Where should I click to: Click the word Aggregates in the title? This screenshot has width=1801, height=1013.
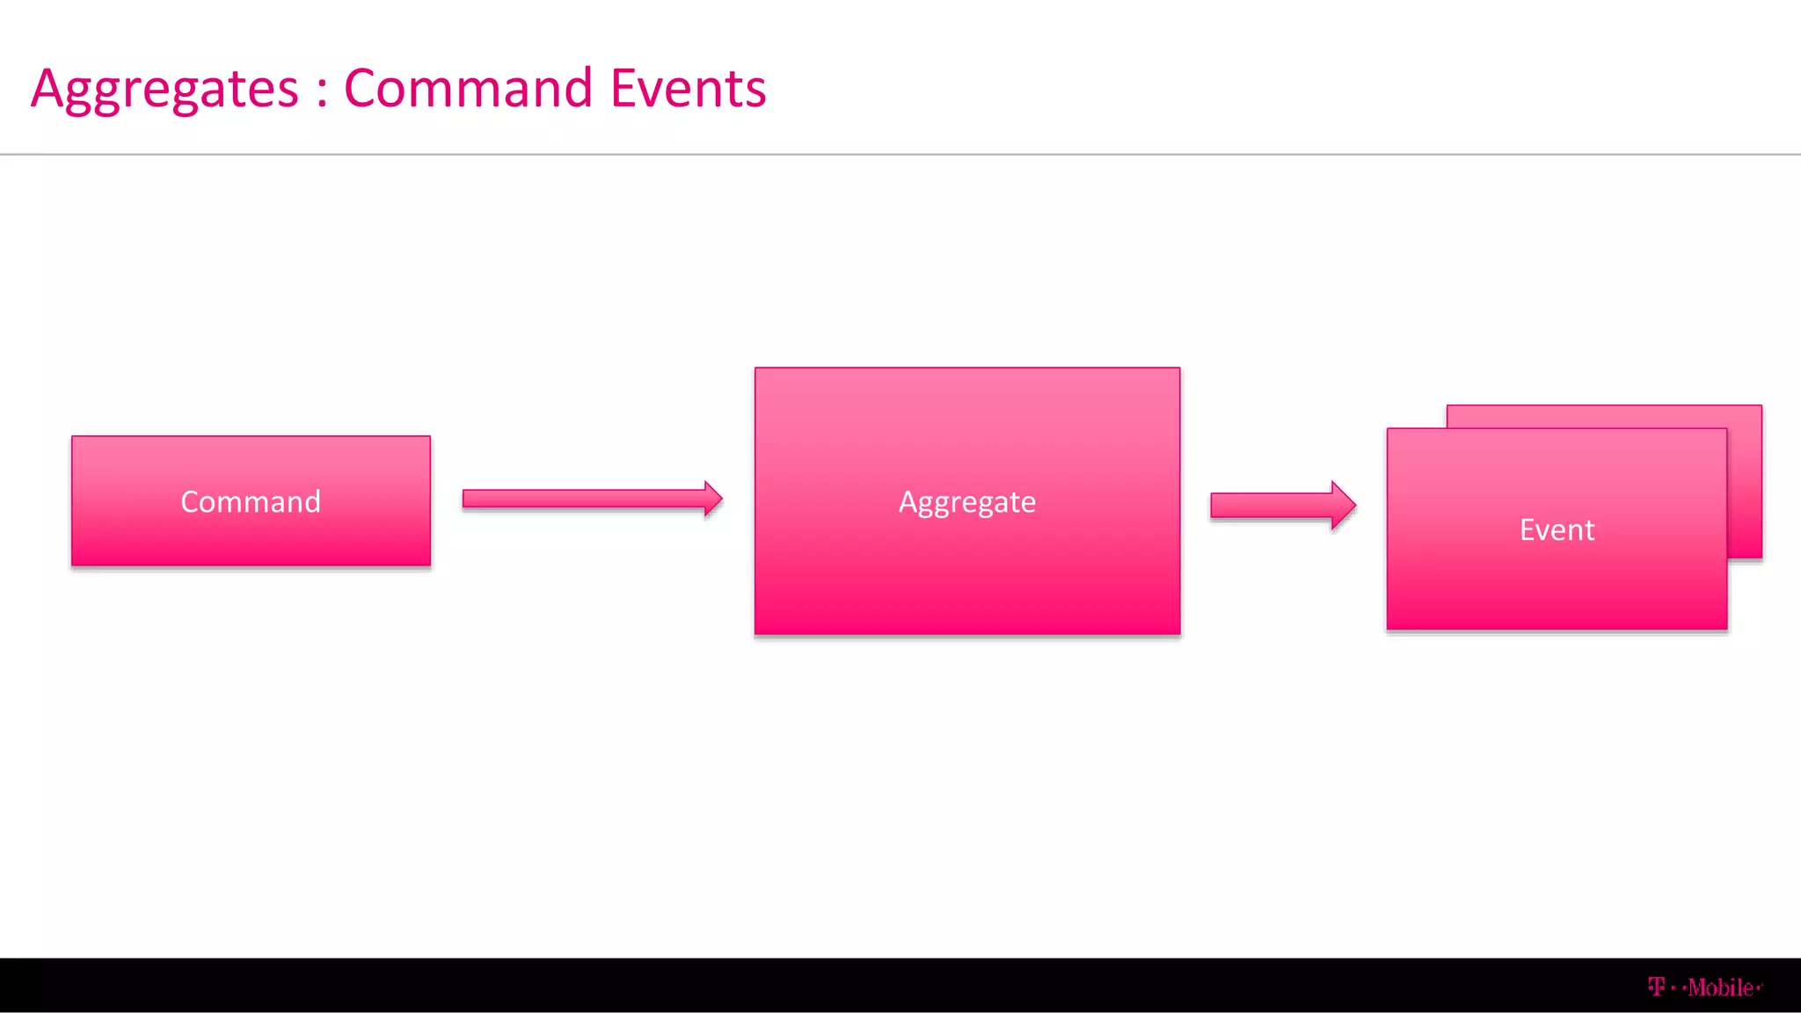(165, 89)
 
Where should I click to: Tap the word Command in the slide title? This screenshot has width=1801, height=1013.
(468, 89)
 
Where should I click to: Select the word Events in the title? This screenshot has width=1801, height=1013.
(688, 89)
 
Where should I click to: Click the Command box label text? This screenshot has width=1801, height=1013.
(251, 501)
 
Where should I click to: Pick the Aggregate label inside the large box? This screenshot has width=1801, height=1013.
(966, 501)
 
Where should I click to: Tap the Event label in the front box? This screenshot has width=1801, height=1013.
(1557, 529)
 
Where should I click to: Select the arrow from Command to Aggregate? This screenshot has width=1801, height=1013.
(589, 499)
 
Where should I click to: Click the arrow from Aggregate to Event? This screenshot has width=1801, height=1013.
(1280, 506)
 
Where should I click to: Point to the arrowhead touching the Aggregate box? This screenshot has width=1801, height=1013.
(713, 499)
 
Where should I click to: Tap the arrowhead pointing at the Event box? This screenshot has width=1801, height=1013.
(1343, 506)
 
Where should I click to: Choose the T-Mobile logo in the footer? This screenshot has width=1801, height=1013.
(1704, 987)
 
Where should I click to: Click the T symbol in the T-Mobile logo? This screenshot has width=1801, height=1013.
(1657, 987)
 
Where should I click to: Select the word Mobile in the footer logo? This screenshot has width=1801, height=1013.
(1720, 987)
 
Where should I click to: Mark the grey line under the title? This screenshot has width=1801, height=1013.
(900, 155)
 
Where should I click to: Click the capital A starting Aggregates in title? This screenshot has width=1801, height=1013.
(47, 88)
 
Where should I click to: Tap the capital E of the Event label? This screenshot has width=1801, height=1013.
(1528, 529)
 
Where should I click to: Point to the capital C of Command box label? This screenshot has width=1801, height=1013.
(190, 501)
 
